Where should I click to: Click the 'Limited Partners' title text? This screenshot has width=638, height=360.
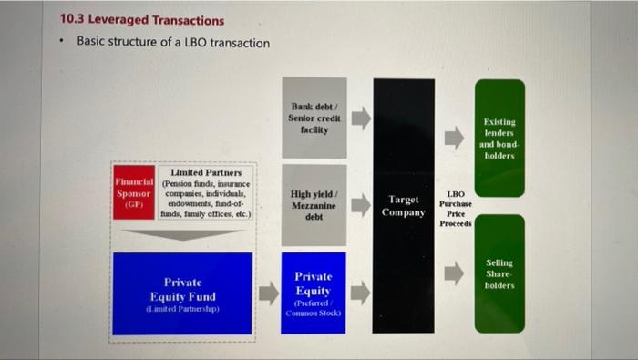[206, 172]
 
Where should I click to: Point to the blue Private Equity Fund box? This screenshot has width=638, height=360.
[181, 291]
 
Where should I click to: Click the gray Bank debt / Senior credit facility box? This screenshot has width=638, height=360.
[314, 118]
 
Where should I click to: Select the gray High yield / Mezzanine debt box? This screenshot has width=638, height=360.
[314, 205]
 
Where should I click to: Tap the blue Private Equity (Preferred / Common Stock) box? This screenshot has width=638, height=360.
[314, 293]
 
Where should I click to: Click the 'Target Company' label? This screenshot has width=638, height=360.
[404, 206]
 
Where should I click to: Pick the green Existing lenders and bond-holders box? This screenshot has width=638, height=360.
[499, 138]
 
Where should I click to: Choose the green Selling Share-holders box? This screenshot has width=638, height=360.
[499, 273]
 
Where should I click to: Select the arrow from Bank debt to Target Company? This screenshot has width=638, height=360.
[361, 118]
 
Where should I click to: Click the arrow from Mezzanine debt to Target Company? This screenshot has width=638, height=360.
[361, 205]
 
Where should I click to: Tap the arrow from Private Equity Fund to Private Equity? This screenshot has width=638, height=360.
[268, 293]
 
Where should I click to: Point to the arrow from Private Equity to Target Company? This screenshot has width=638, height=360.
[361, 293]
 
